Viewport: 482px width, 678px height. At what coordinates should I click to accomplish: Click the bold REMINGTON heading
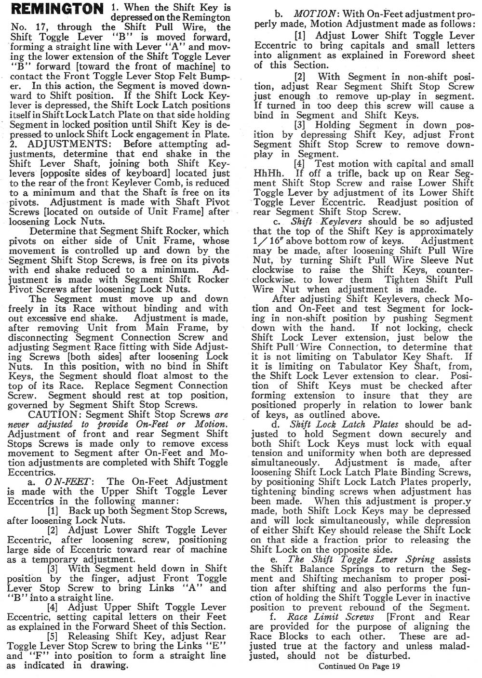[x=56, y=9]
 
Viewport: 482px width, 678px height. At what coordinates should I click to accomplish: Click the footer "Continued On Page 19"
[x=359, y=666]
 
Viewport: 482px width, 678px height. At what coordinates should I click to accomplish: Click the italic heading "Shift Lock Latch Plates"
[x=344, y=425]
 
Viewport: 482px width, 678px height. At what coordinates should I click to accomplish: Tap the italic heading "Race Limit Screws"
[x=330, y=617]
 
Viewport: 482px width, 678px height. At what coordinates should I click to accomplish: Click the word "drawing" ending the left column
[x=109, y=665]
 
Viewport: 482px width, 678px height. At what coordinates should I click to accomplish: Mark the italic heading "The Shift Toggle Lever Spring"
[x=361, y=559]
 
